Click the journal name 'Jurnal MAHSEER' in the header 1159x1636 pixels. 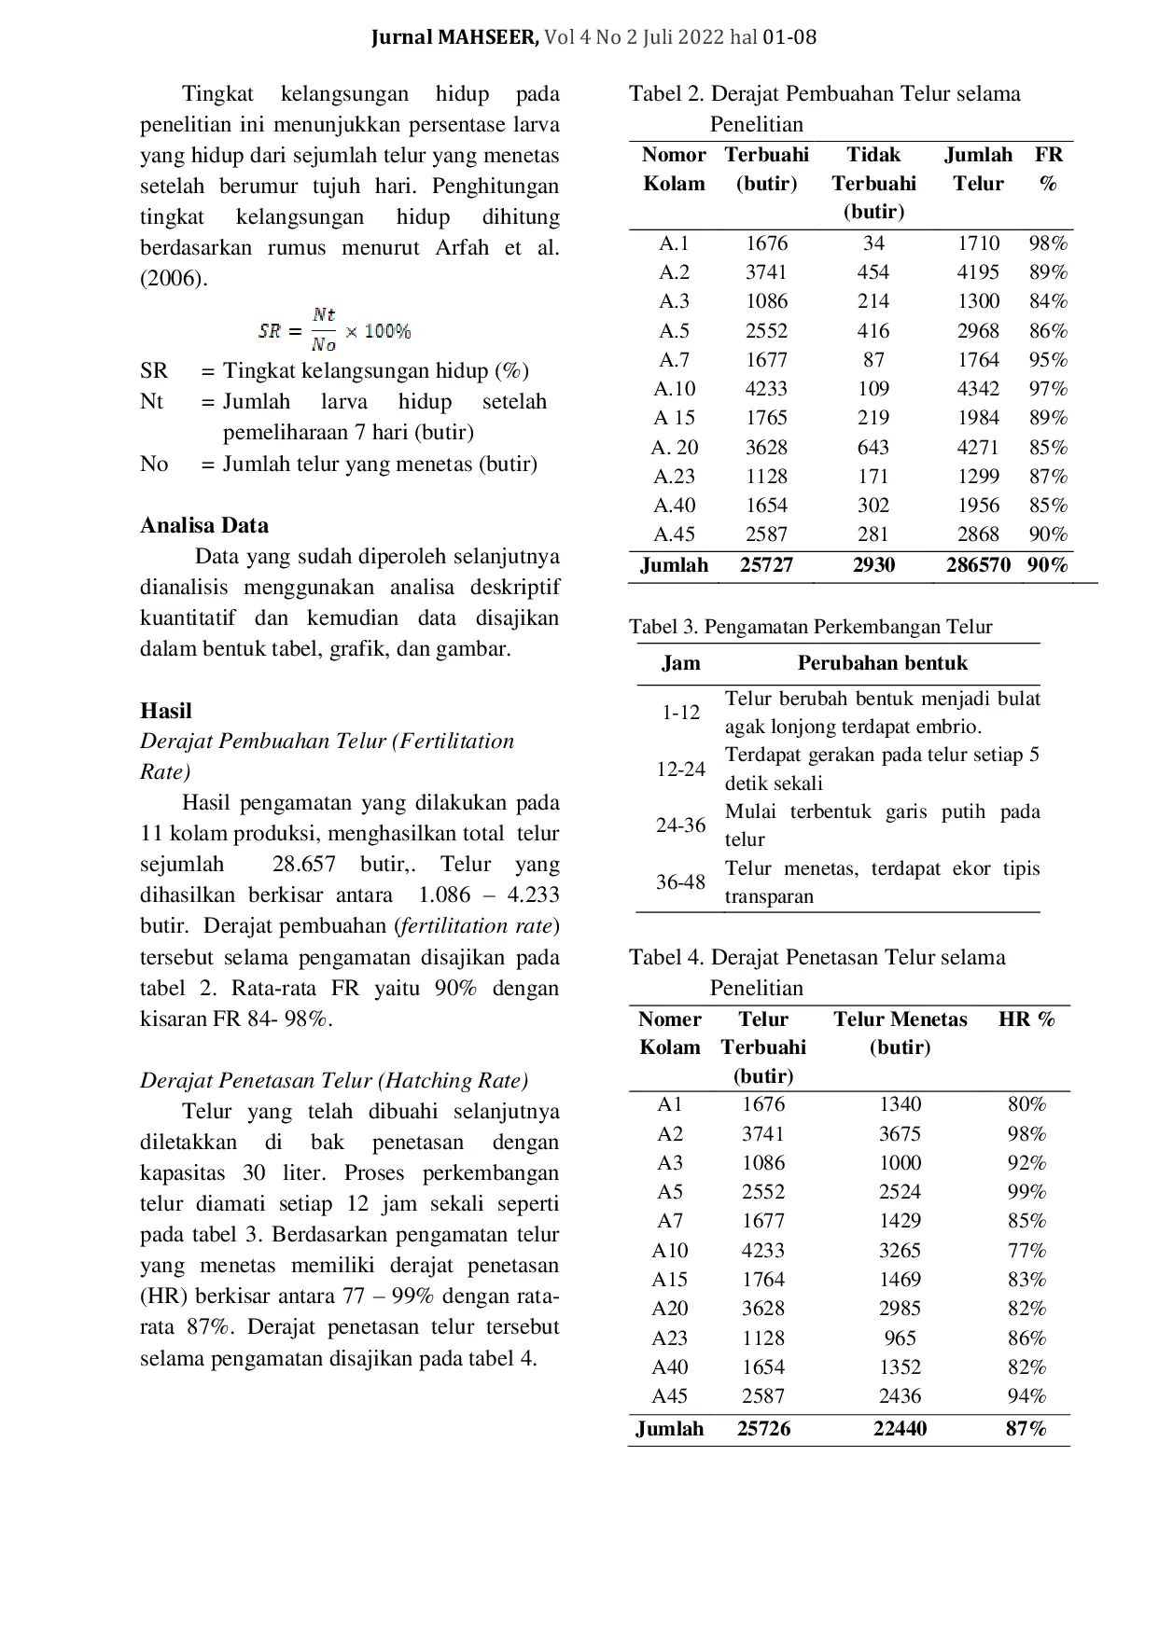(x=455, y=38)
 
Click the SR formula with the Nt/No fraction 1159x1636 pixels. (x=334, y=330)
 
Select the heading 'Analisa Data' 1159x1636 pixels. (x=204, y=525)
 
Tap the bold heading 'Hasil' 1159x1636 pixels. (x=166, y=711)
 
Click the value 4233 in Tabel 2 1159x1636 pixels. (x=766, y=389)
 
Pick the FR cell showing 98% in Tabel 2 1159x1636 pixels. (x=1048, y=243)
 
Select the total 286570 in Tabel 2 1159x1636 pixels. (x=978, y=565)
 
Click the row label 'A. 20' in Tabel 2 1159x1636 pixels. (x=675, y=448)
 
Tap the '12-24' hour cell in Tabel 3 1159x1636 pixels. (x=681, y=769)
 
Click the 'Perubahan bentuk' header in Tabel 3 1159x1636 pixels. (x=882, y=663)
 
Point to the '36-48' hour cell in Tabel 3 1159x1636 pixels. (x=681, y=881)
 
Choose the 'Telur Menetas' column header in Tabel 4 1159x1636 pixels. (x=900, y=1033)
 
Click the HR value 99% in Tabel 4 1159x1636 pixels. (x=1026, y=1192)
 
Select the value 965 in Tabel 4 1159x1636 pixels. (x=900, y=1338)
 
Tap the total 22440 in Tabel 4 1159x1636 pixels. (x=900, y=1429)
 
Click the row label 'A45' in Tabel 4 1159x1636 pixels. (x=670, y=1396)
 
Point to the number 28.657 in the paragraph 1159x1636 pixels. (x=304, y=865)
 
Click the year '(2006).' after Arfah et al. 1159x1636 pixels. (x=175, y=279)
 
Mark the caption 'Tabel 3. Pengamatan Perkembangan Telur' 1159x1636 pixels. (x=810, y=627)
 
